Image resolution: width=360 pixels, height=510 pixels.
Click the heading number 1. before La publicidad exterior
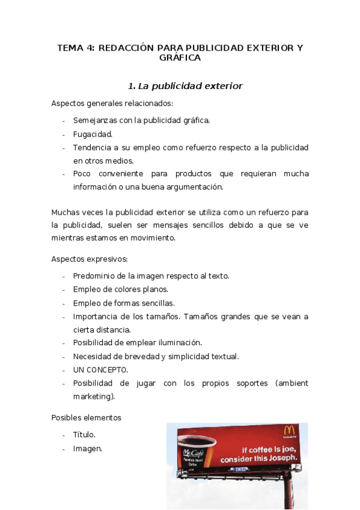point(133,86)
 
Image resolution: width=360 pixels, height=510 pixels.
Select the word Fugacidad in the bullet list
point(93,134)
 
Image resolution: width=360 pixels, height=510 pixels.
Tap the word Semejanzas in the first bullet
point(95,120)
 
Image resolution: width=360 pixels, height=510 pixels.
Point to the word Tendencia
point(93,147)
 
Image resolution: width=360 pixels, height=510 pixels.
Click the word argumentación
point(193,186)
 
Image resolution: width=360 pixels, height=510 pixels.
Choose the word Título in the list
point(84,434)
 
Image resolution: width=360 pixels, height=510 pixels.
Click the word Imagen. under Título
point(87,448)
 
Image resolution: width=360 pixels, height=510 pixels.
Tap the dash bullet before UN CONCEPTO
point(64,370)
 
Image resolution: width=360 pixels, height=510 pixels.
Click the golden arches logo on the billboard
point(288,431)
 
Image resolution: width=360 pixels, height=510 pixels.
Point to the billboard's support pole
point(291,490)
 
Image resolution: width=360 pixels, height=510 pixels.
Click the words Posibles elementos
point(86,417)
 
